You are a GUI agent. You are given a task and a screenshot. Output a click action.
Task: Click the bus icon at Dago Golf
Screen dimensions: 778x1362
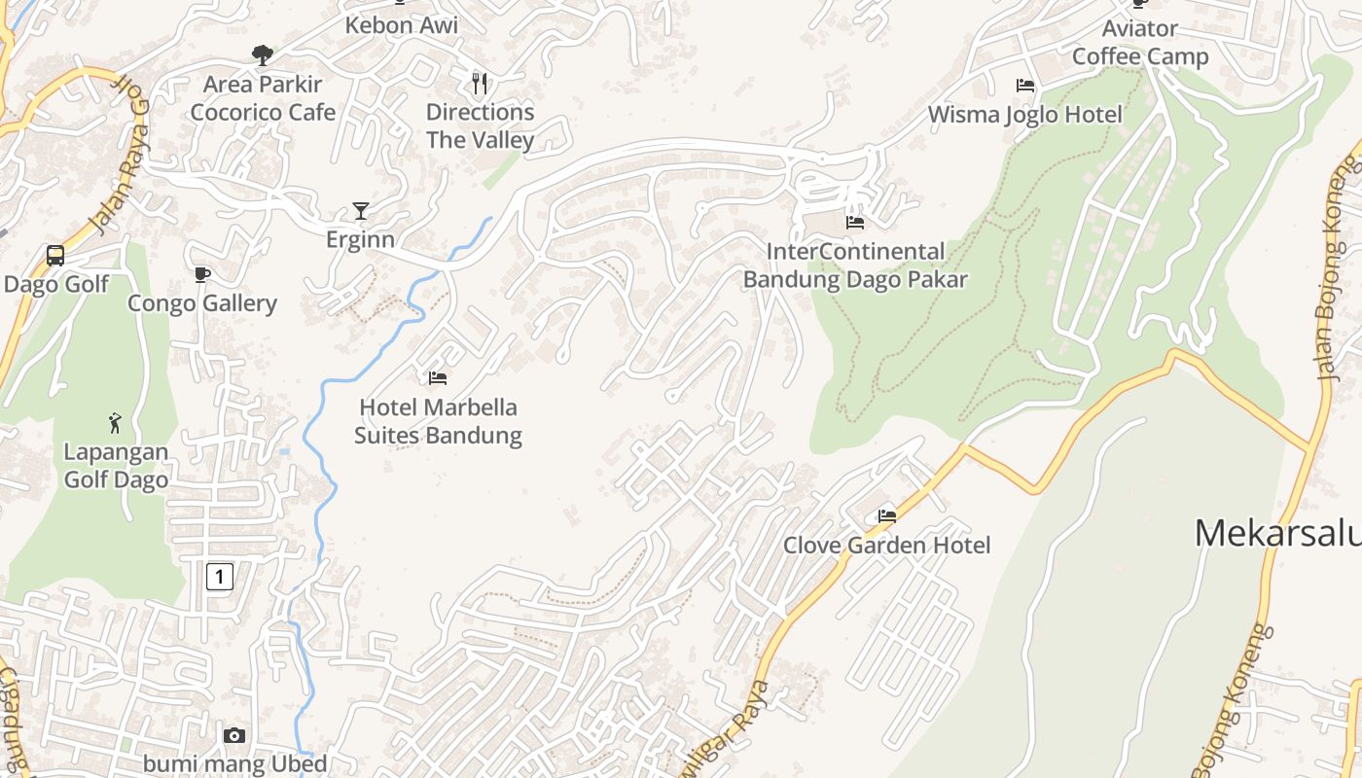[x=55, y=256]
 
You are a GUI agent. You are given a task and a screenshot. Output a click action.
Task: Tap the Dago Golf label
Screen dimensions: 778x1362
[x=56, y=285]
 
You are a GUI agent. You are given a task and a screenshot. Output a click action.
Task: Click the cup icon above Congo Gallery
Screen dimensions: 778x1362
[x=202, y=275]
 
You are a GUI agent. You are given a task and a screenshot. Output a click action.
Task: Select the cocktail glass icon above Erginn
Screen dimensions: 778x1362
[x=361, y=211]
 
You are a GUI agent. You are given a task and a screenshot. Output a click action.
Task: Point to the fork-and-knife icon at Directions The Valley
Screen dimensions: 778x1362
[x=480, y=83]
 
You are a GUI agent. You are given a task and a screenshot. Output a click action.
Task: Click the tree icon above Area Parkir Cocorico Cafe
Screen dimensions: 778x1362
[x=262, y=55]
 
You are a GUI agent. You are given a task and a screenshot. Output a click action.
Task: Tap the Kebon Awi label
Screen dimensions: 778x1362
[x=401, y=25]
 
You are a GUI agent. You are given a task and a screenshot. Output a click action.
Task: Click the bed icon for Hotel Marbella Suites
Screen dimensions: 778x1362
[x=438, y=377]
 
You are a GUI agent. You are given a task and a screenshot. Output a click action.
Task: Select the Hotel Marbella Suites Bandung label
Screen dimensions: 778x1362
[x=438, y=421]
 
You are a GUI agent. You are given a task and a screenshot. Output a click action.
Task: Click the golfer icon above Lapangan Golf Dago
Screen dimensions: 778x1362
[x=116, y=423]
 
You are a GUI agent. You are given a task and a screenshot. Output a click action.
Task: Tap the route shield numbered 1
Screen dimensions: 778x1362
[x=220, y=577]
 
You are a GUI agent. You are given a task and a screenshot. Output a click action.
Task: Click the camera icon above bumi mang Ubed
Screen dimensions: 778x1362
[x=234, y=736]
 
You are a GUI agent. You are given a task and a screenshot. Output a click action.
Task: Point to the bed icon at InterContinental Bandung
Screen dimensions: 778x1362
[x=855, y=223]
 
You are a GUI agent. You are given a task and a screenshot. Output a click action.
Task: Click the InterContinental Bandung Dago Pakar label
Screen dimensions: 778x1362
[x=855, y=265]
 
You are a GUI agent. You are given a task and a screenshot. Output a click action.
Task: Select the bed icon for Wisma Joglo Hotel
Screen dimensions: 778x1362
[x=1025, y=86]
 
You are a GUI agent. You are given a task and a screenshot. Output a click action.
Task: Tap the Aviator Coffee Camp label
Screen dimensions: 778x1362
[x=1140, y=43]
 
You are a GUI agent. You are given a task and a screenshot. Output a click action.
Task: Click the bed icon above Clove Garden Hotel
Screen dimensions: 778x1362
[x=887, y=516]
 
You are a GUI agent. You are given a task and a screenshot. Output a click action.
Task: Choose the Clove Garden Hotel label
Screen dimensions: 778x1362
[x=887, y=546]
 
